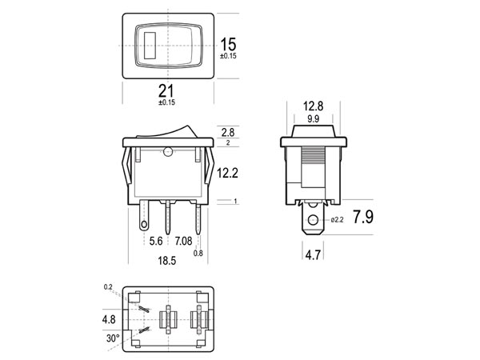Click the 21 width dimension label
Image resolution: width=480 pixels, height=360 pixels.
[x=166, y=91]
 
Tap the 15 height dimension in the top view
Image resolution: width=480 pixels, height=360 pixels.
[x=228, y=44]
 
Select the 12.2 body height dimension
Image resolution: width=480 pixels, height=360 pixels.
[x=227, y=174]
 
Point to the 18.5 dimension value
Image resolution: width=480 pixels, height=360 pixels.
[x=167, y=261]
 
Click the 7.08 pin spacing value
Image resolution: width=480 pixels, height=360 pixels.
[x=183, y=242]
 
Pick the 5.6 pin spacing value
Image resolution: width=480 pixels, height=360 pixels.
[x=156, y=242]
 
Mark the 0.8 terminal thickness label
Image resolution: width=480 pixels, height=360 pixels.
[x=198, y=253]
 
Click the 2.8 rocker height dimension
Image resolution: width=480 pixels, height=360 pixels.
[x=228, y=132]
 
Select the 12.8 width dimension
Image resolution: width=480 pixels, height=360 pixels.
[x=313, y=106]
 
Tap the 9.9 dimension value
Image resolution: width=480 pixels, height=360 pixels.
[x=313, y=118]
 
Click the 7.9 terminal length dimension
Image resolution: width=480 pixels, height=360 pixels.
[x=363, y=217]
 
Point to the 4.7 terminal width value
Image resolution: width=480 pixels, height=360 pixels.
[x=313, y=254]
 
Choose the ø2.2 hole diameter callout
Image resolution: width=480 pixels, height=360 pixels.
[x=337, y=220]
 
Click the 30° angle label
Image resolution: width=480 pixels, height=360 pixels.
[x=113, y=338]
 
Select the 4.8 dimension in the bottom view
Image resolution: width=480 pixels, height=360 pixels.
[x=109, y=319]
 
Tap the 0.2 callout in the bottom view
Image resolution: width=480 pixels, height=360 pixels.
[x=108, y=287]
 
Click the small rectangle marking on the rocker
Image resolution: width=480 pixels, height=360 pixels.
[x=150, y=46]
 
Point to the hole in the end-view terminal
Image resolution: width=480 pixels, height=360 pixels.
[x=313, y=220]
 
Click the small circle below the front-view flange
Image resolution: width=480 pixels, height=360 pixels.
[x=168, y=152]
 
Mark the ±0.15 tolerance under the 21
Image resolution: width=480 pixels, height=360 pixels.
[x=167, y=102]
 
